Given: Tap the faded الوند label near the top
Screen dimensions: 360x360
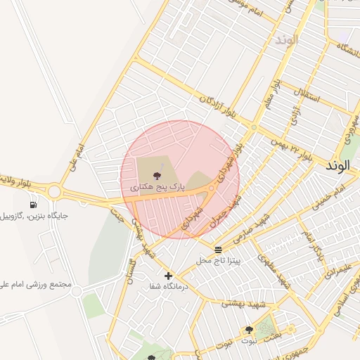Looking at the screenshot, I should point(287,39).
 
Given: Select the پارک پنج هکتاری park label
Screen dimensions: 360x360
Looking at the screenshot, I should point(157,188).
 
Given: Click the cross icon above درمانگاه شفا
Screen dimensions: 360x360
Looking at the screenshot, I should point(167,276).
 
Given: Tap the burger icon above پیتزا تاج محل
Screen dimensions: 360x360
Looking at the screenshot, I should point(218,250).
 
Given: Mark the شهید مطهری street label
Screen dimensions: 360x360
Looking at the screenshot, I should point(274,269).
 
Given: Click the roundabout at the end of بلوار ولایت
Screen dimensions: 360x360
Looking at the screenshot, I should point(54,191).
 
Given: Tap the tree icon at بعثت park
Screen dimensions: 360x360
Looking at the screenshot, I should point(249,330).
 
